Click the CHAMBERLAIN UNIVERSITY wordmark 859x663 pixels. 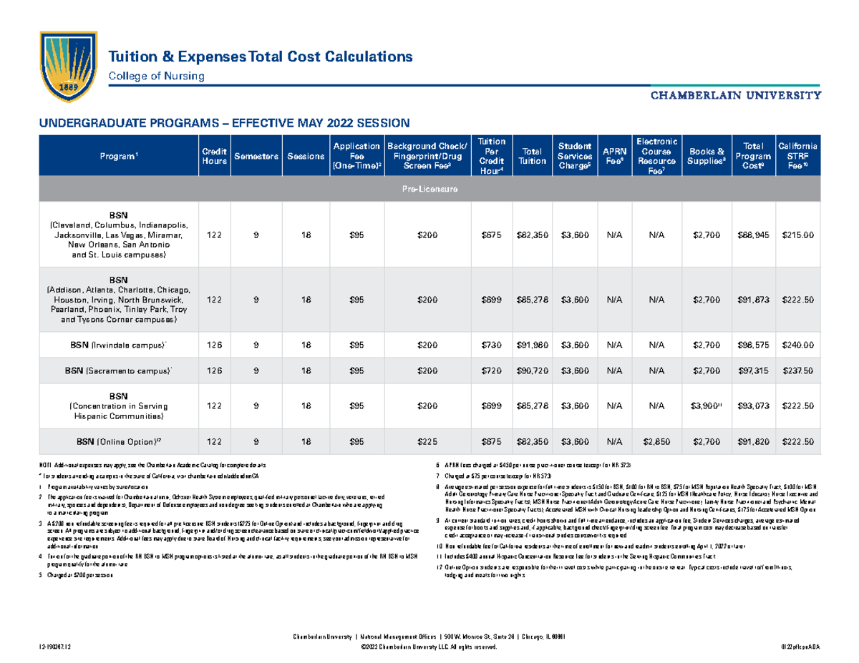[x=735, y=94]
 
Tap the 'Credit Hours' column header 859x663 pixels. [x=215, y=156]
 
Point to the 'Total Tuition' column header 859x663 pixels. [x=532, y=156]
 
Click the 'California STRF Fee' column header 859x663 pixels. [x=798, y=156]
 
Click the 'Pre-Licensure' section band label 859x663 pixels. [x=429, y=190]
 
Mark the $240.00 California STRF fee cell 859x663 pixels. [x=798, y=345]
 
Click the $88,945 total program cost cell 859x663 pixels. [x=752, y=235]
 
